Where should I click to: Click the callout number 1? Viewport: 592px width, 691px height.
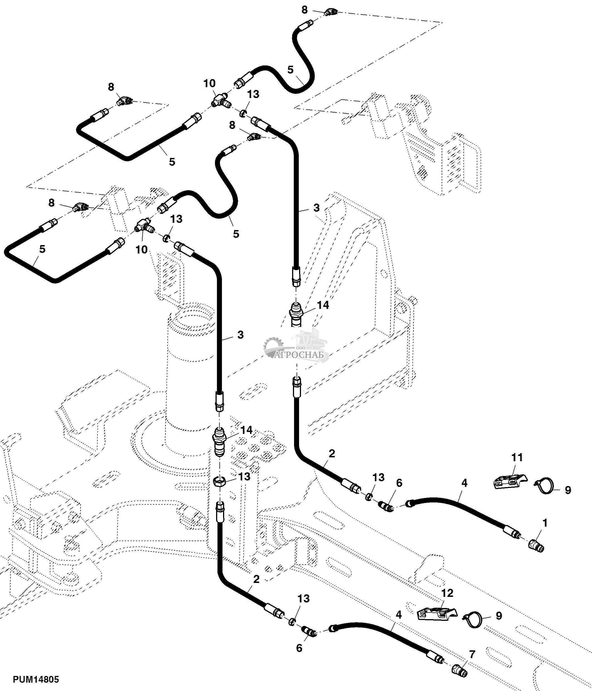545,523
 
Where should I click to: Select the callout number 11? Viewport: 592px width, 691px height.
517,457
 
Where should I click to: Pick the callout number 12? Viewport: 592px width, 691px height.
447,593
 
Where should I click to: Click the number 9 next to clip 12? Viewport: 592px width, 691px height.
499,615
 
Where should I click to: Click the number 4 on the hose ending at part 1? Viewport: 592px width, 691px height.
464,483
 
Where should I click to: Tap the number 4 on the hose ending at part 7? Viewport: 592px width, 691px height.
399,614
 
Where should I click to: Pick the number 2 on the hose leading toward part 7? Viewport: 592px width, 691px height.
256,579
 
